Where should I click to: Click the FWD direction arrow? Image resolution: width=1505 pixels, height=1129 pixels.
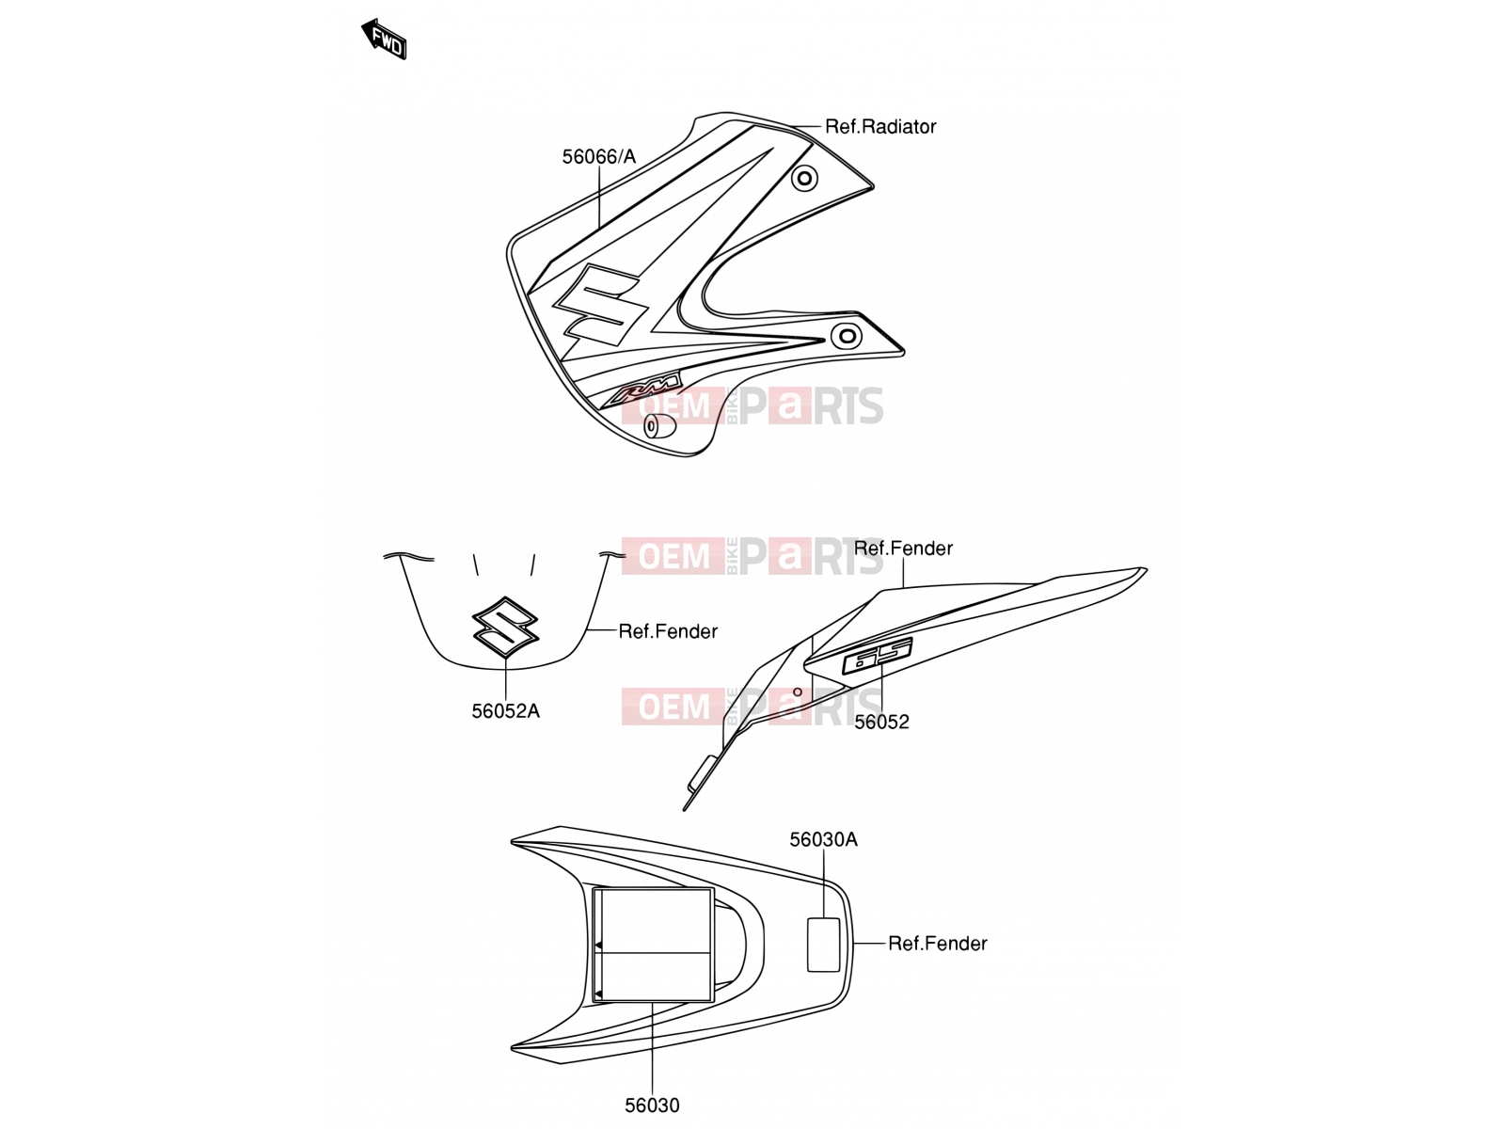[384, 40]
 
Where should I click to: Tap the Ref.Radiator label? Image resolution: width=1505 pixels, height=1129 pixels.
[879, 127]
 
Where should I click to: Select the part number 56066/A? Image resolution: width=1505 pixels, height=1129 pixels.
[598, 157]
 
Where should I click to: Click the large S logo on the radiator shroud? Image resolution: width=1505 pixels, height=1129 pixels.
[601, 305]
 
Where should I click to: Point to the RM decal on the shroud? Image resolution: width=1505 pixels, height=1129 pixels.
[642, 389]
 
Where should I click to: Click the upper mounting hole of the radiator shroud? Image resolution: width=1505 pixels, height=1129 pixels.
[804, 179]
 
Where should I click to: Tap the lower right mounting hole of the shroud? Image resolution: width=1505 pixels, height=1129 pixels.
[847, 336]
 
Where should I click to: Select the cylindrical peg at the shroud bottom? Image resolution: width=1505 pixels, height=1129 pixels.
[659, 426]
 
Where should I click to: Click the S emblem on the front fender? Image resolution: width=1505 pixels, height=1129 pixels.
[505, 628]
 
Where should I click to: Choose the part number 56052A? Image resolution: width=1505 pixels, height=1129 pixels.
[505, 711]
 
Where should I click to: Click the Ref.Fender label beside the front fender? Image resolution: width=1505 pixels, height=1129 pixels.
[668, 631]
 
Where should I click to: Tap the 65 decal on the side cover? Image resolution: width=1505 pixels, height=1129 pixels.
[878, 656]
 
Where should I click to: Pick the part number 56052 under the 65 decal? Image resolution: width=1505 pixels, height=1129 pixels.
[881, 722]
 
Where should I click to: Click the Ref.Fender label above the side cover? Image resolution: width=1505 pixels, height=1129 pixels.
[903, 549]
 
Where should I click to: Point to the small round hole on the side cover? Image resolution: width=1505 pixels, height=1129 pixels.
[798, 692]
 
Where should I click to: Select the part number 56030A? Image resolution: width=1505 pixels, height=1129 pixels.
[823, 840]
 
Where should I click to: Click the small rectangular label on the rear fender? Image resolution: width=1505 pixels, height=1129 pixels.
[823, 945]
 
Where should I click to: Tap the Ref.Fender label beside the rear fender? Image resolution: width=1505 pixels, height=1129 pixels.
[937, 944]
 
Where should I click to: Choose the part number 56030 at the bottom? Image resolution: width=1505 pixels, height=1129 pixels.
[652, 1105]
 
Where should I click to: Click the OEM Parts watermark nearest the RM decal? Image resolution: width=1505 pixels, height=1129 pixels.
[752, 405]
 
